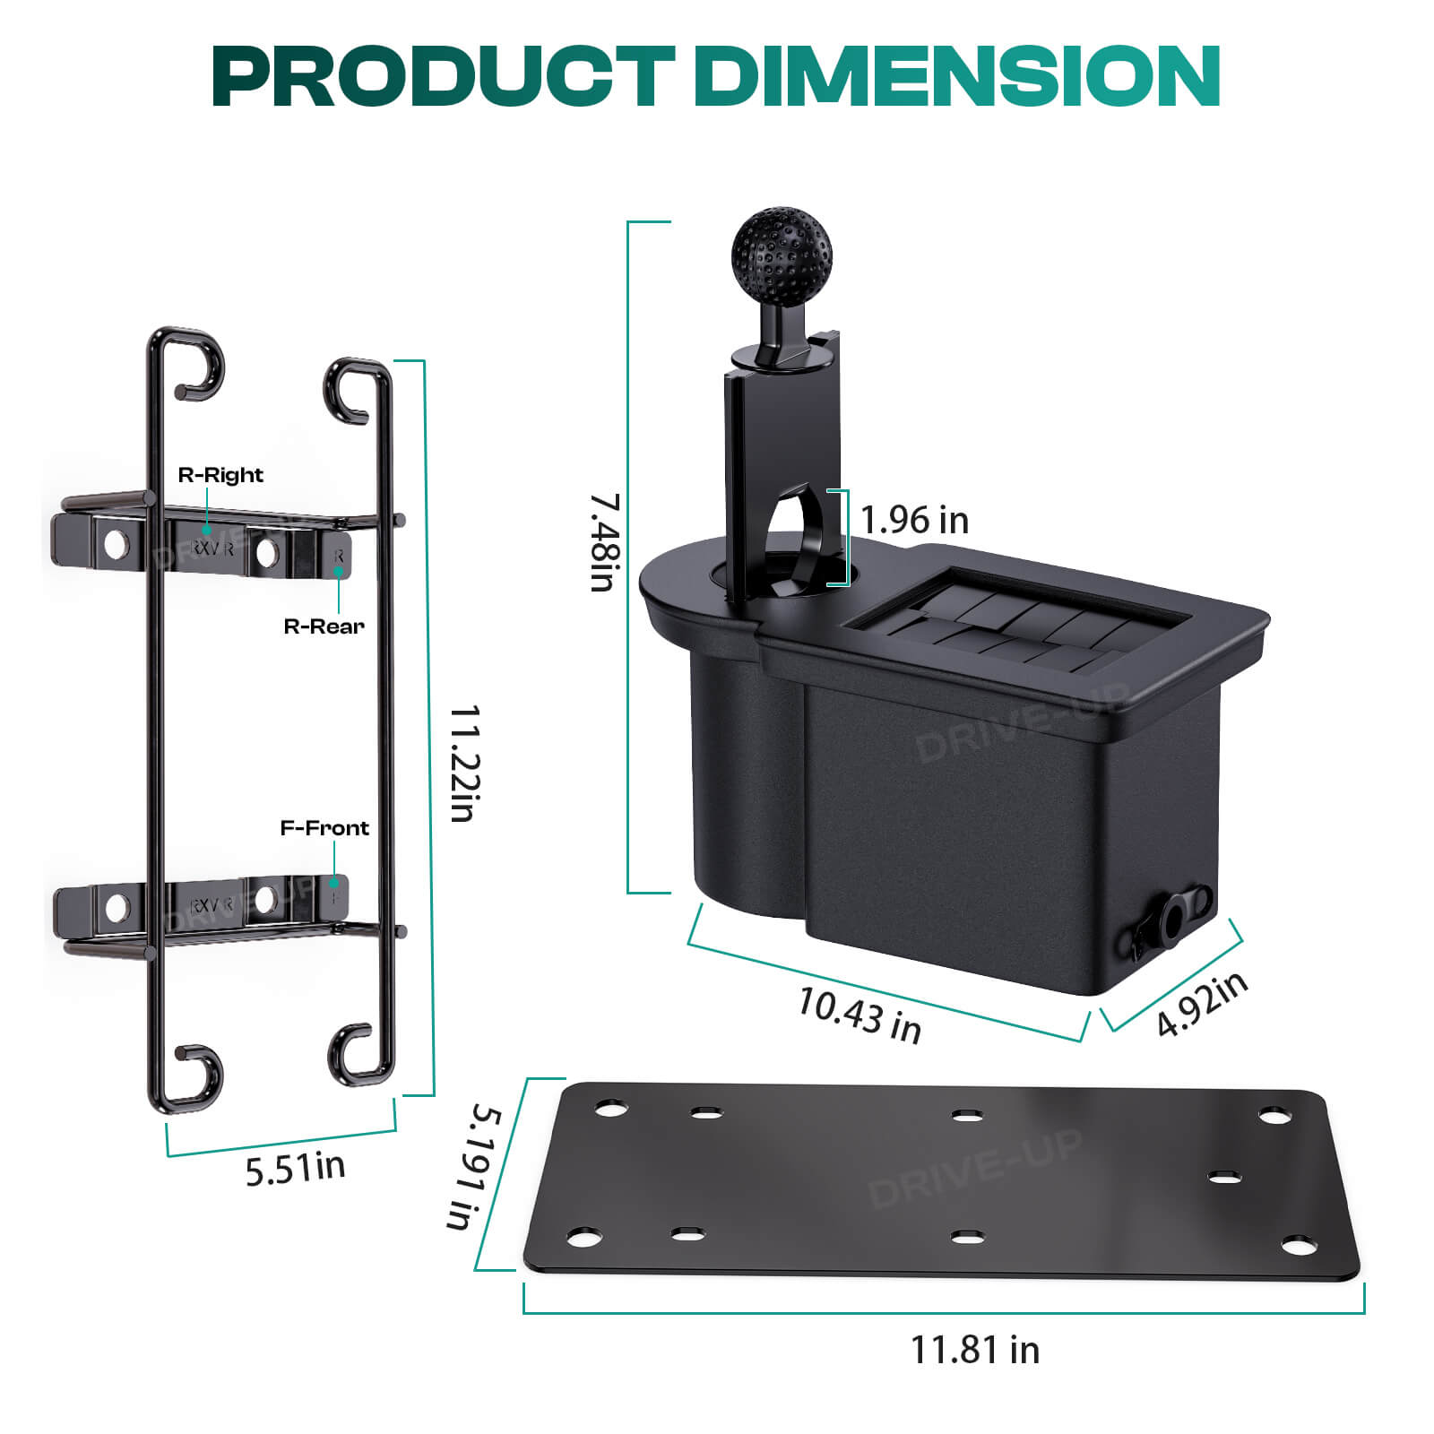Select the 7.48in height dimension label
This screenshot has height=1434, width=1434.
[605, 541]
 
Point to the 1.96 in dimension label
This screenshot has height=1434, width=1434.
[914, 520]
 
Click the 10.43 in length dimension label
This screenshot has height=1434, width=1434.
[860, 1015]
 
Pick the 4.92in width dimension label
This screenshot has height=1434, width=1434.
[1202, 1003]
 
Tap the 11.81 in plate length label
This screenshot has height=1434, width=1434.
[975, 1350]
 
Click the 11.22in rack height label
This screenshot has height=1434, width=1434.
[465, 763]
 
